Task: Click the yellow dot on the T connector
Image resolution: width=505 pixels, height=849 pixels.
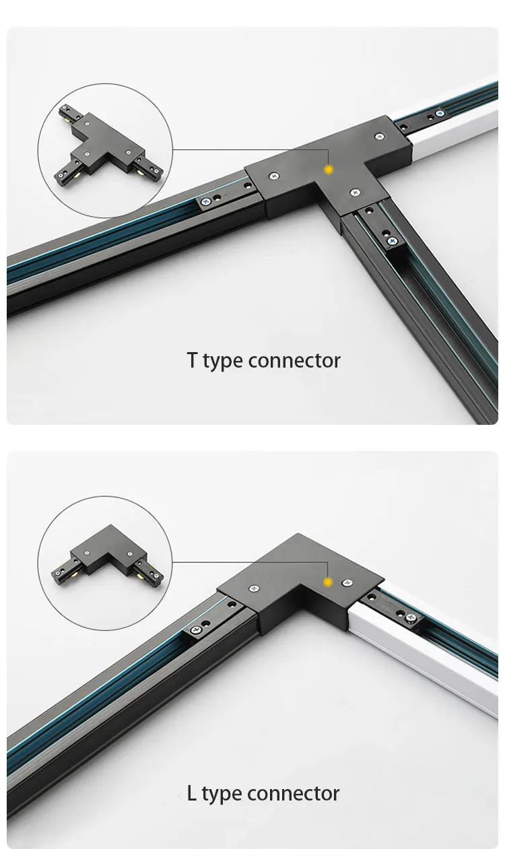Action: pyautogui.click(x=329, y=170)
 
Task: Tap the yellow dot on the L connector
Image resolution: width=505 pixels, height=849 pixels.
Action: pyautogui.click(x=327, y=582)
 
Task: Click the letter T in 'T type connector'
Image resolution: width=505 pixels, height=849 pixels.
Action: pyautogui.click(x=192, y=360)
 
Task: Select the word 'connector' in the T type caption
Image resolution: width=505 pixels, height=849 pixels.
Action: pyautogui.click(x=294, y=360)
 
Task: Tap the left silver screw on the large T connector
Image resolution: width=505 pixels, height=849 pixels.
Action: pyautogui.click(x=274, y=176)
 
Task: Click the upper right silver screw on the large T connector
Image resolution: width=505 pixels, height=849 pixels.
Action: pyautogui.click(x=379, y=137)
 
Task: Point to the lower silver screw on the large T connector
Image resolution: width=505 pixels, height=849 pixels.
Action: pyautogui.click(x=355, y=193)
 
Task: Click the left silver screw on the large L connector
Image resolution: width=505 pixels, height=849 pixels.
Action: pyautogui.click(x=254, y=588)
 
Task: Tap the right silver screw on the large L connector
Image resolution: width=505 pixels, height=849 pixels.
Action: pyautogui.click(x=347, y=582)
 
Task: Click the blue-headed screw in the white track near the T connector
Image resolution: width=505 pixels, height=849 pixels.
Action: pyautogui.click(x=440, y=113)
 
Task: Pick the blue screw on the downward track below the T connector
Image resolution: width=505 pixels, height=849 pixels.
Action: pyautogui.click(x=393, y=240)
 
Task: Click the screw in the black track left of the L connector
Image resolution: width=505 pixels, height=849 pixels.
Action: pyautogui.click(x=197, y=630)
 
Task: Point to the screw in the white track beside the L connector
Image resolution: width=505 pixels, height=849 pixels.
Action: pyautogui.click(x=411, y=618)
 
